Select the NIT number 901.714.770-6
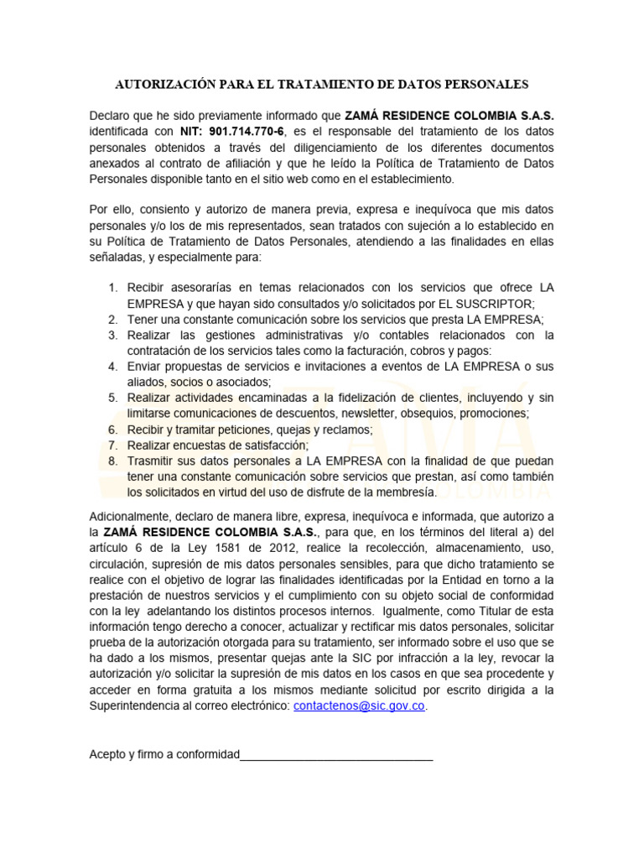pyautogui.click(x=247, y=132)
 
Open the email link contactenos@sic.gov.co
pyautogui.click(x=360, y=706)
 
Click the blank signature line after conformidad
pyautogui.click(x=336, y=754)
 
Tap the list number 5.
pyautogui.click(x=113, y=398)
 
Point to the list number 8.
pyautogui.click(x=113, y=461)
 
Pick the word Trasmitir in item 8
pyautogui.click(x=152, y=461)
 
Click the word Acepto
pyautogui.click(x=109, y=754)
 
